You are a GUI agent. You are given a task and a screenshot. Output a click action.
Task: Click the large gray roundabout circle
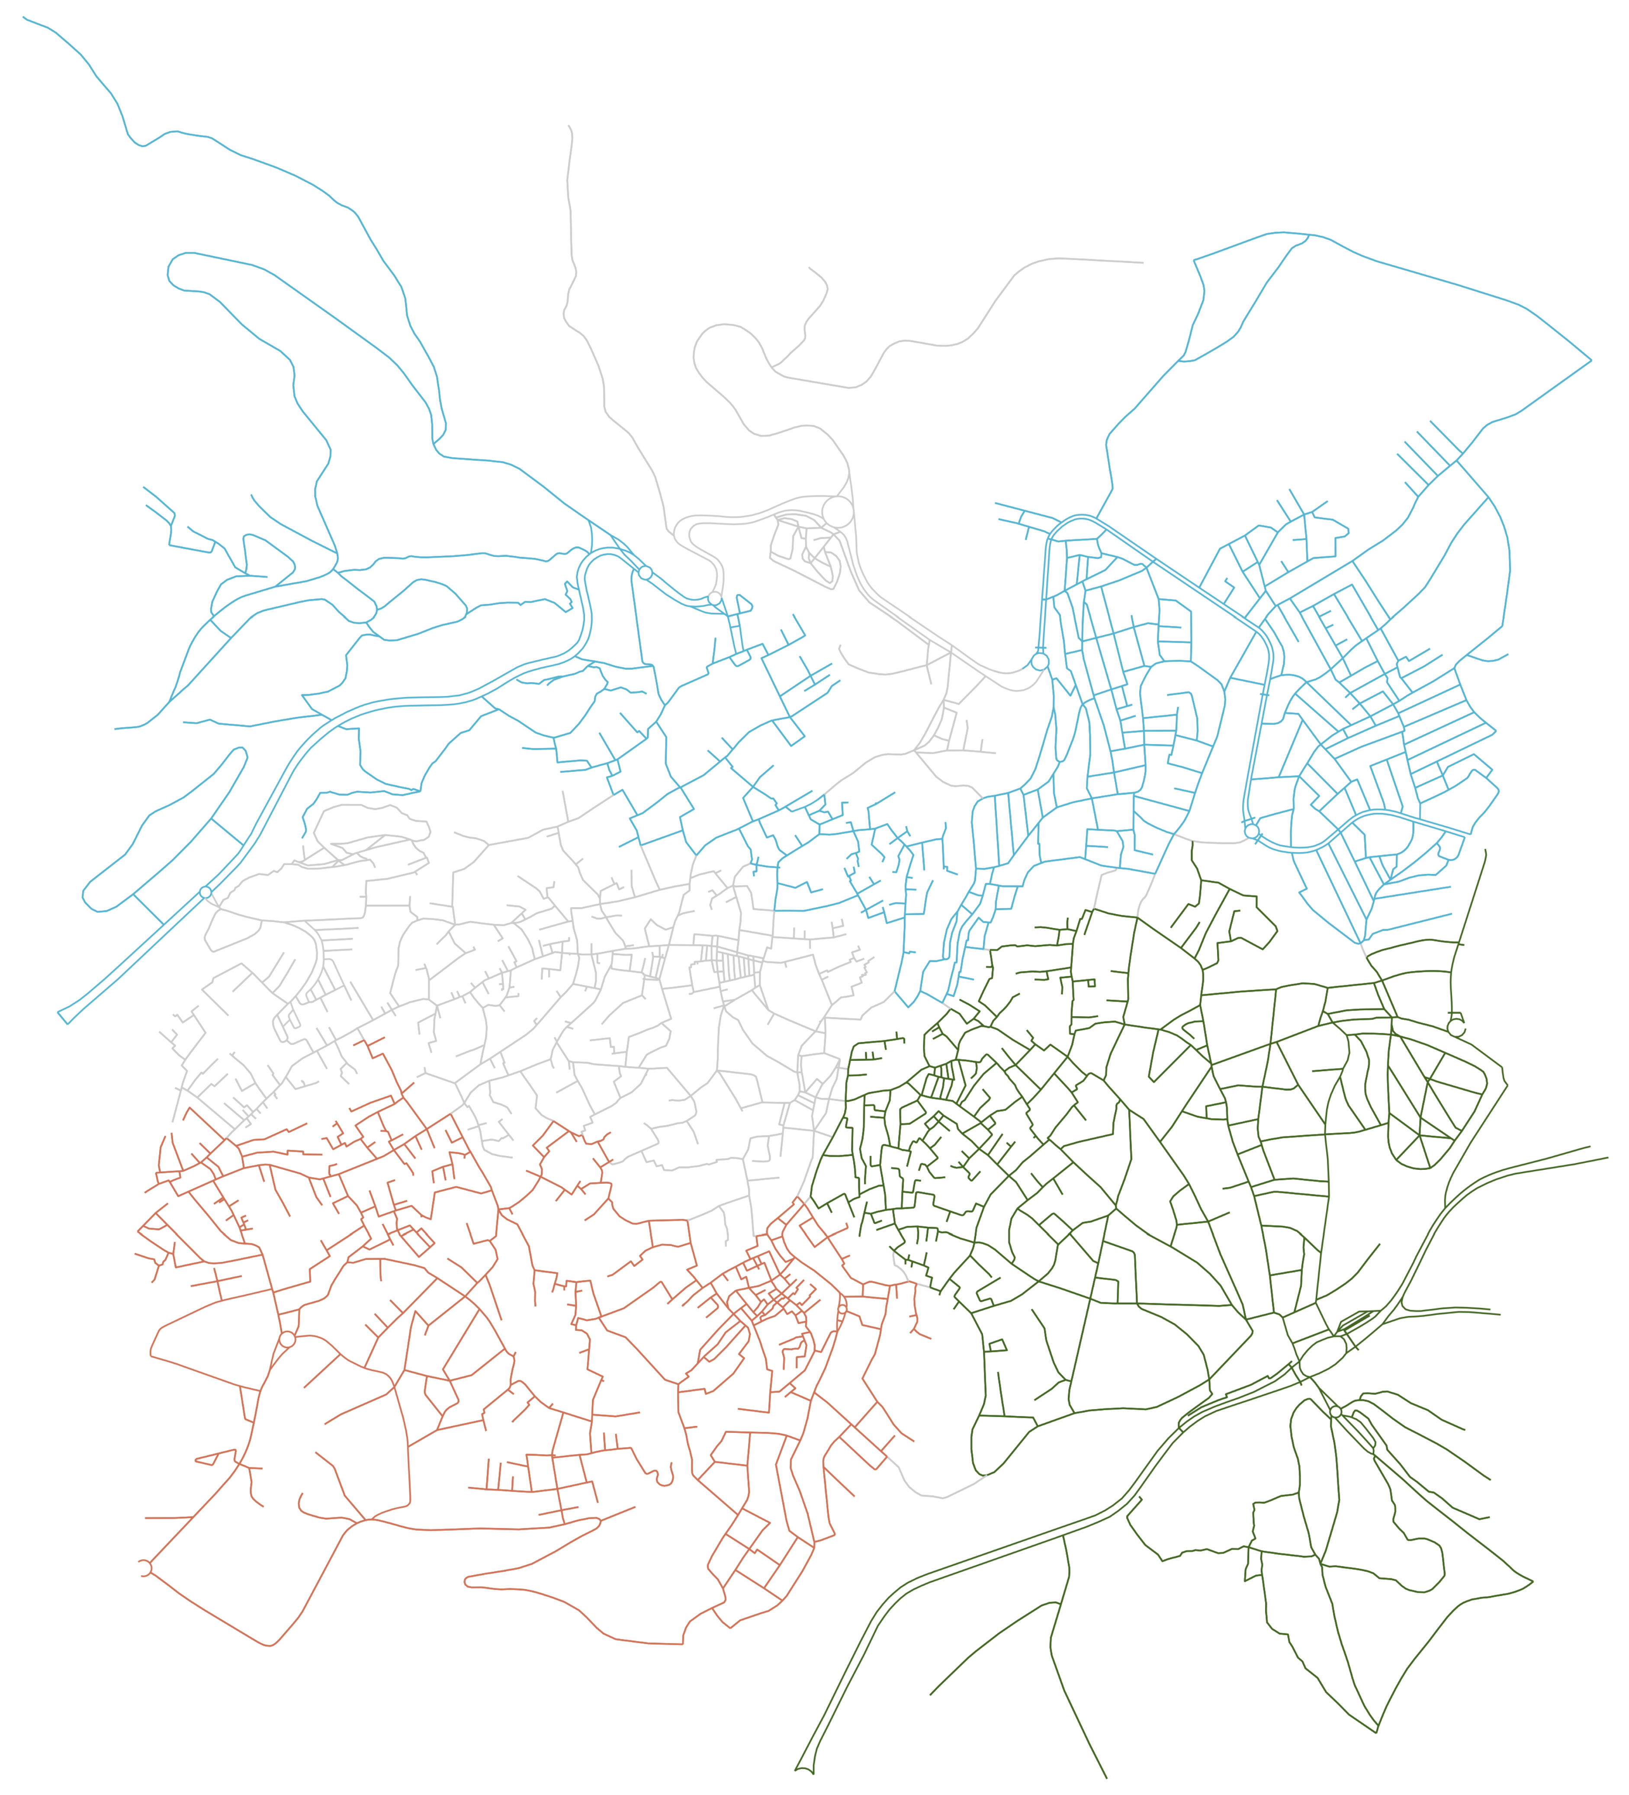pyautogui.click(x=837, y=512)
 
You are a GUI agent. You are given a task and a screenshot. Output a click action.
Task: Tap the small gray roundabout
pyautogui.click(x=714, y=598)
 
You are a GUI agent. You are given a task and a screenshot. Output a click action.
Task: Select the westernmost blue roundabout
pyautogui.click(x=206, y=892)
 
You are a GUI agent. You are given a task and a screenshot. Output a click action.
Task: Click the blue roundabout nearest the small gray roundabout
pyautogui.click(x=646, y=572)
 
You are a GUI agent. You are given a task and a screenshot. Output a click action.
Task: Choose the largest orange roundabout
pyautogui.click(x=287, y=1339)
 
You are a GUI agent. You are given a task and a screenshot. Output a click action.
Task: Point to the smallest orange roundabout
pyautogui.click(x=842, y=1309)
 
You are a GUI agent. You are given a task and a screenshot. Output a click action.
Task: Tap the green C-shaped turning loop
pyautogui.click(x=1456, y=1027)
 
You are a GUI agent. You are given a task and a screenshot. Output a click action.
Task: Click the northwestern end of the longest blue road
pyautogui.click(x=24, y=17)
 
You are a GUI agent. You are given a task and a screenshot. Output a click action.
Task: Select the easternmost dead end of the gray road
pyautogui.click(x=1143, y=263)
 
